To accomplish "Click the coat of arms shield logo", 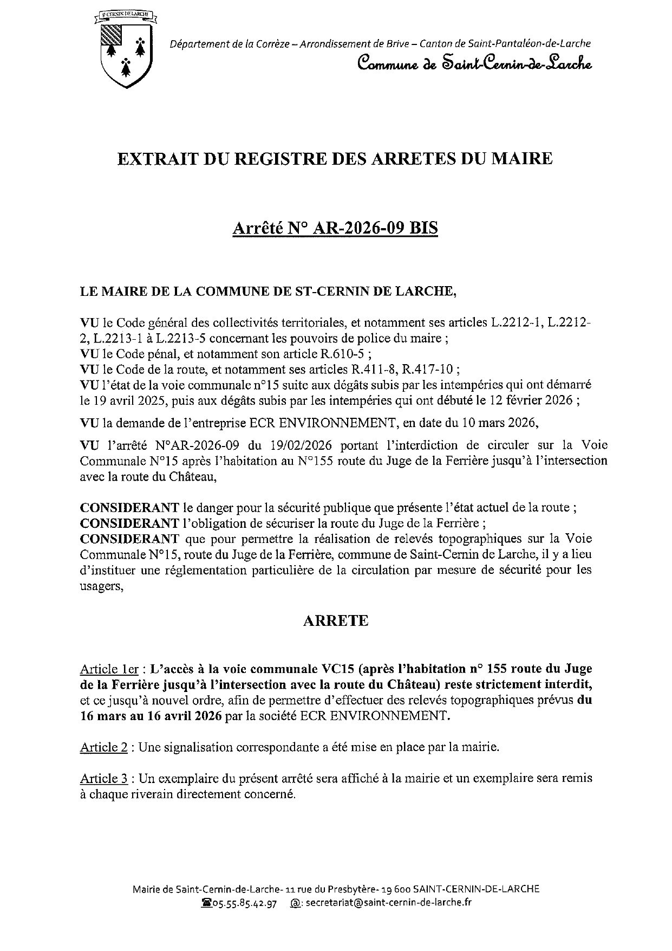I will click(127, 51).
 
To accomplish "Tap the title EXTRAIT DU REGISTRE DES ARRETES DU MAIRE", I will click(335, 159).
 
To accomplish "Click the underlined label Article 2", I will click(104, 748).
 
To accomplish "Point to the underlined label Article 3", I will click(104, 779).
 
